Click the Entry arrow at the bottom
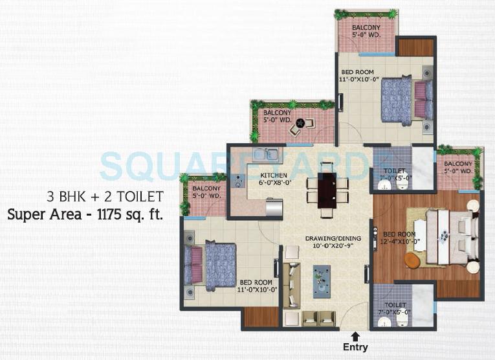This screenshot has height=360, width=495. [355, 335]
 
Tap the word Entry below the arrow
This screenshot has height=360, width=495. [355, 348]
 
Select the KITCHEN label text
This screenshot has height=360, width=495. [274, 175]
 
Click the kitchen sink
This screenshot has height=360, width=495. [265, 155]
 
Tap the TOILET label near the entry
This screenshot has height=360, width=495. [395, 305]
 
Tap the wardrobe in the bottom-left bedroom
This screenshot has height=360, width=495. [260, 317]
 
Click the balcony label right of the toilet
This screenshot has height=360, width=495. [458, 168]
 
